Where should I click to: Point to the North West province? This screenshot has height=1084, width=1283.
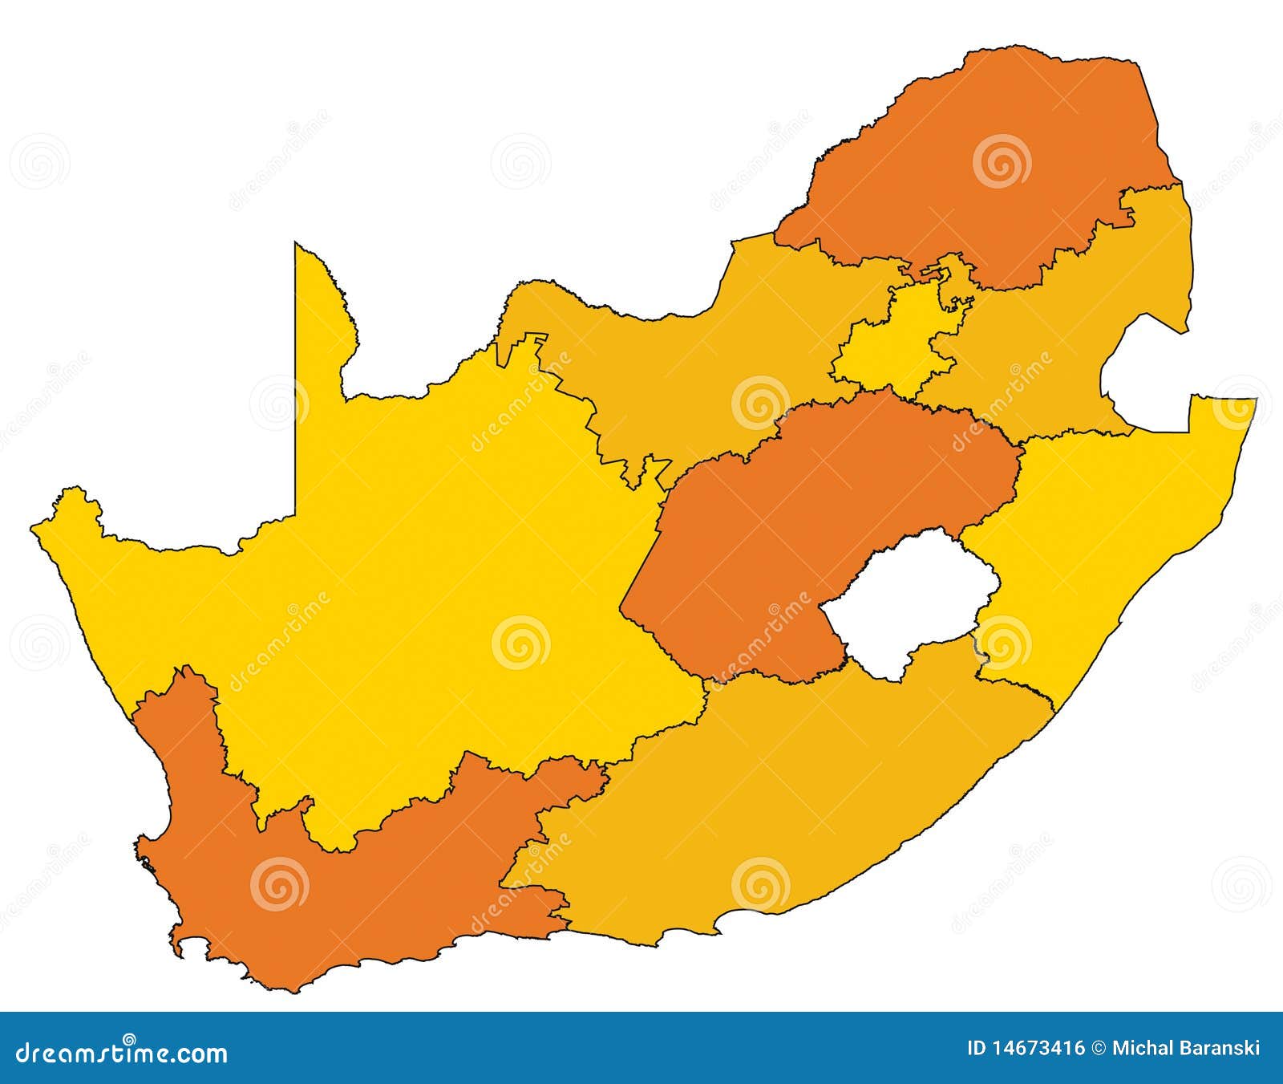682,361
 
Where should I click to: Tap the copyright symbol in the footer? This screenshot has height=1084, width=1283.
1099,1048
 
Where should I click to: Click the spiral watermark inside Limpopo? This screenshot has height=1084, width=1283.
1002,161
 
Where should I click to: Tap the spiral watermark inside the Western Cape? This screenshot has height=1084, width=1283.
279,883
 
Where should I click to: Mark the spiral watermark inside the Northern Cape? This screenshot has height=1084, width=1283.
520,643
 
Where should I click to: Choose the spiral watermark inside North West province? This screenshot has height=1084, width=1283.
761,402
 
